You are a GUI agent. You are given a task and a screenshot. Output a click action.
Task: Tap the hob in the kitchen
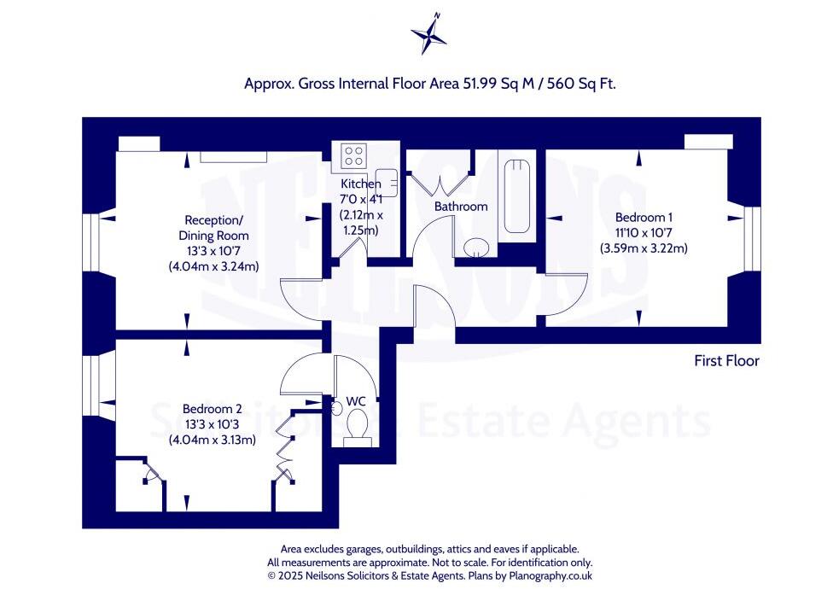(353, 156)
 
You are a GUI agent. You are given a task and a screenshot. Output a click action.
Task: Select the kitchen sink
(386, 181)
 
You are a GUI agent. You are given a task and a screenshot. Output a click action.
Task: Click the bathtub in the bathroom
(517, 195)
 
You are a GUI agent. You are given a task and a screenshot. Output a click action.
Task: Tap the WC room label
(356, 401)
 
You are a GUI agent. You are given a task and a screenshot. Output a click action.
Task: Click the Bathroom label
(461, 207)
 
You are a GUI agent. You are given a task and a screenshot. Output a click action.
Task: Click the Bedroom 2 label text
(208, 408)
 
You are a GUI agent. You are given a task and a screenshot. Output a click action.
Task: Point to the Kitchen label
(361, 184)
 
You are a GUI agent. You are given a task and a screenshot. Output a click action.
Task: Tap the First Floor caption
(726, 361)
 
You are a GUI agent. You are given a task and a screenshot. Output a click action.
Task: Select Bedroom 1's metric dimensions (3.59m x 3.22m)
(644, 248)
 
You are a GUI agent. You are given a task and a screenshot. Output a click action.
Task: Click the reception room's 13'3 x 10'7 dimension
(213, 251)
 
